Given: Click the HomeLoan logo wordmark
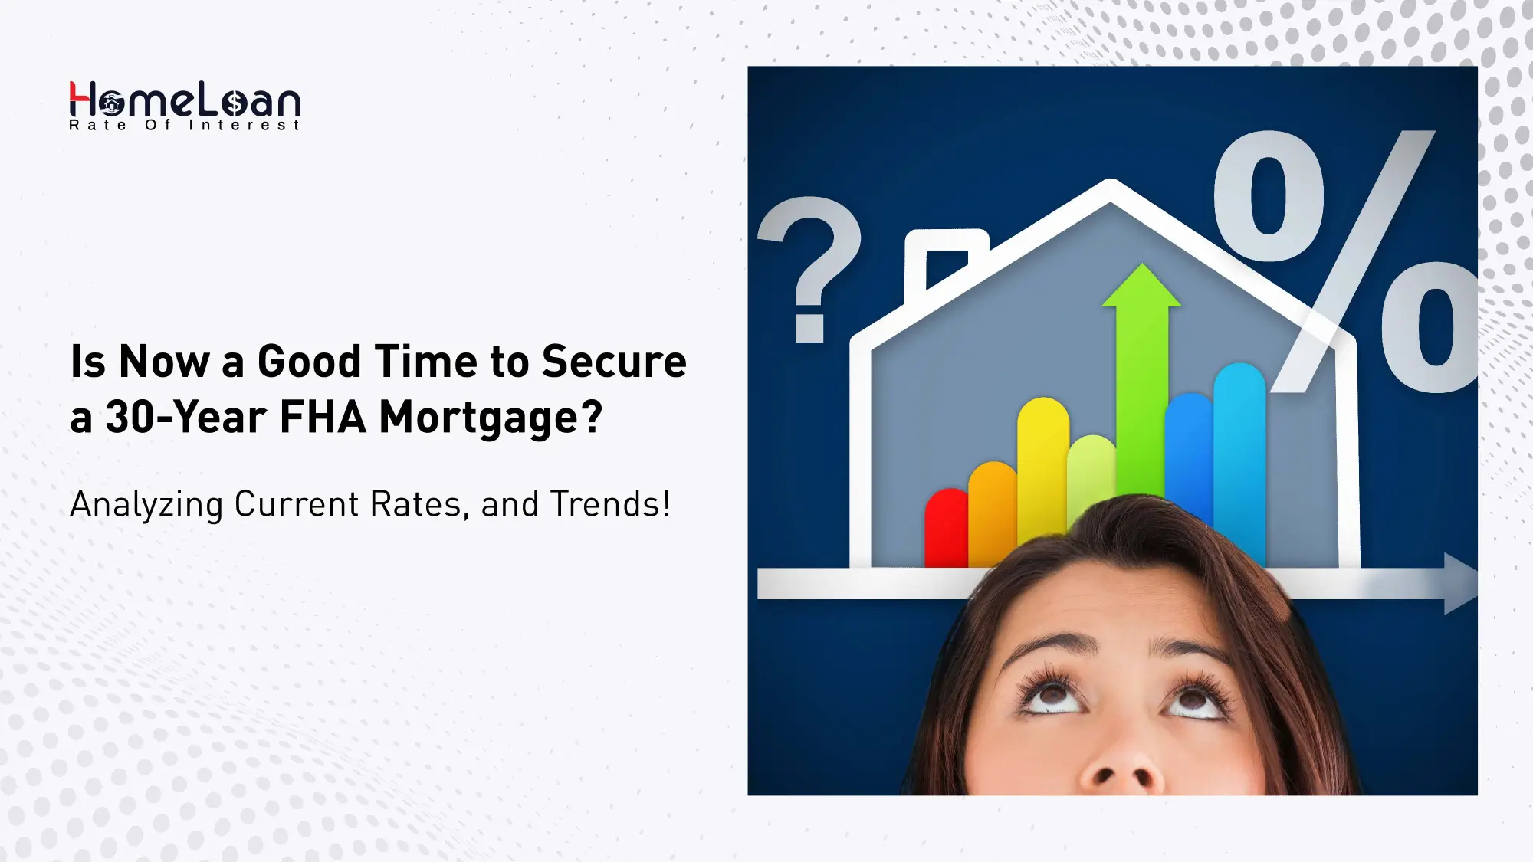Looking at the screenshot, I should point(185,100).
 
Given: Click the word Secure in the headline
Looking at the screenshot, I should point(614,362).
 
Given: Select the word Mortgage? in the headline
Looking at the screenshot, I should point(491,418).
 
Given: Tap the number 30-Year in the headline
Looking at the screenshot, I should point(185,418).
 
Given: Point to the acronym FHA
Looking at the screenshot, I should point(323,418).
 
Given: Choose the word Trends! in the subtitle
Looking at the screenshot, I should point(610,504).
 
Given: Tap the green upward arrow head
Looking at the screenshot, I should point(1141,287).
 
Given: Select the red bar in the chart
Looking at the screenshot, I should point(947,529).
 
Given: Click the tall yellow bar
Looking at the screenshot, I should point(1042,467).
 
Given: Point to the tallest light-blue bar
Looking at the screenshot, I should point(1239,460).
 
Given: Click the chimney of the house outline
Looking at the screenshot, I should point(946,261).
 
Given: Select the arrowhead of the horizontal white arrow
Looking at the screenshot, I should point(1460,583).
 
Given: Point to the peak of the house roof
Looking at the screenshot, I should point(1110,188).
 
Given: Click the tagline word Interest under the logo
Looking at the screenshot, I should point(245,126).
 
